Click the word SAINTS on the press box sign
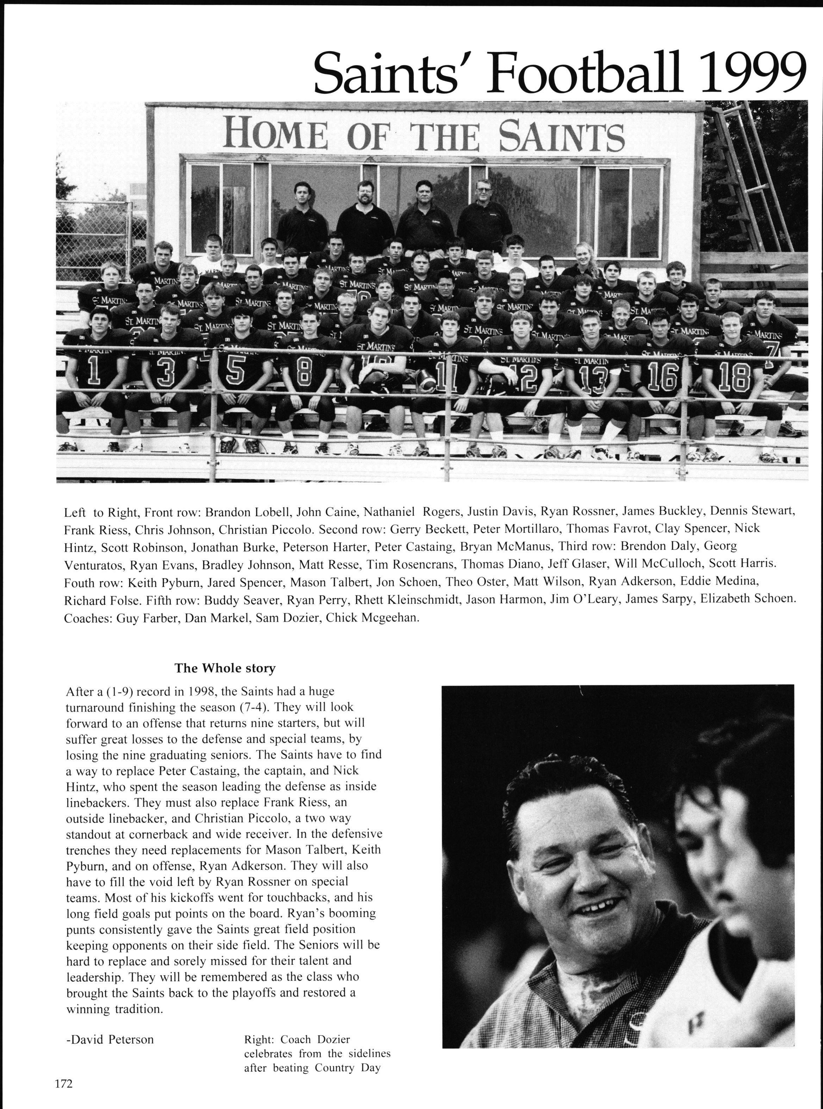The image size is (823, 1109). point(561,135)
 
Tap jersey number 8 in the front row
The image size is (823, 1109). point(304,378)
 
